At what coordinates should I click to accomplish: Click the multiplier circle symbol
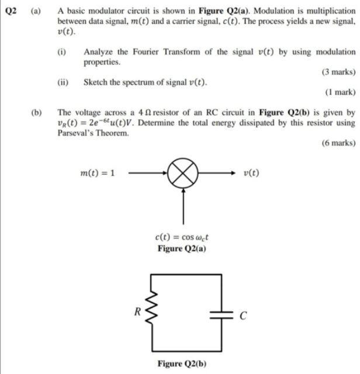184,173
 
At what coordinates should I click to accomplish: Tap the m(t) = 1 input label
97,173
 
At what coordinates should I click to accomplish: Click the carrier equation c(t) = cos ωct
182,237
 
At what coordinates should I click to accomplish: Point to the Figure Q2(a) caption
182,248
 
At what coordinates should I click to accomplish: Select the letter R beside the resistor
137,311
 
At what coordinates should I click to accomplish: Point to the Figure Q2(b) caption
182,363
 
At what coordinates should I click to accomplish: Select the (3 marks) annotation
338,72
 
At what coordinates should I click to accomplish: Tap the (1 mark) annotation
340,92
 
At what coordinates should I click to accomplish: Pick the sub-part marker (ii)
63,82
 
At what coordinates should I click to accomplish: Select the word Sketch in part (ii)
96,82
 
